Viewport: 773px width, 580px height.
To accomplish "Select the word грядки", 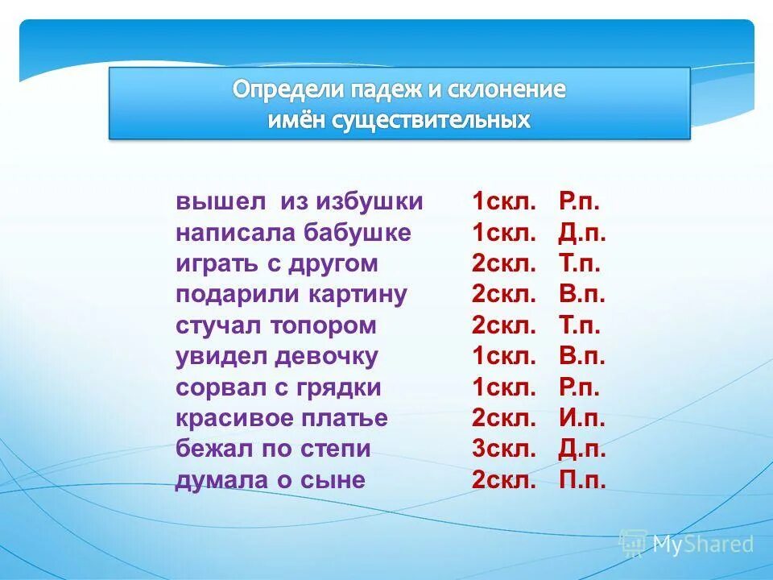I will pos(341,387).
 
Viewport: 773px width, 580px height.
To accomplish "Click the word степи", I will pos(337,449).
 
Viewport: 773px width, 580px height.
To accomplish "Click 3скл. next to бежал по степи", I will pos(504,449).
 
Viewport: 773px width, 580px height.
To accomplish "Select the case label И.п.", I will pos(581,419).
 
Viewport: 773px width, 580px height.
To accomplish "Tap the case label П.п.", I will pos(581,481).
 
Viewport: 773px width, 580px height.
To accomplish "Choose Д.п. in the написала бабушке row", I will pos(581,233).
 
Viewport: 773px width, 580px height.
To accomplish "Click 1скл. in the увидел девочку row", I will pos(504,357).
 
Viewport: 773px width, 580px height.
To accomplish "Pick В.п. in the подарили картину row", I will pos(581,295).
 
